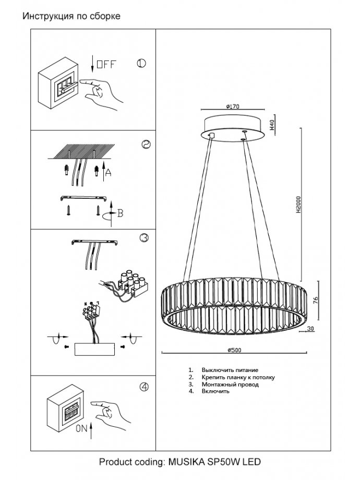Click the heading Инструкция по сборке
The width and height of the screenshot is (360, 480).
tap(71, 16)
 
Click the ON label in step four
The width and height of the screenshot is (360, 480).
tap(81, 429)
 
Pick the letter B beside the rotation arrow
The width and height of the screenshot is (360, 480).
tap(119, 212)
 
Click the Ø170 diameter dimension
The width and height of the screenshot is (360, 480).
tap(233, 106)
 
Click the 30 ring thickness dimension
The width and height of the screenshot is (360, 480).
tap(310, 329)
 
